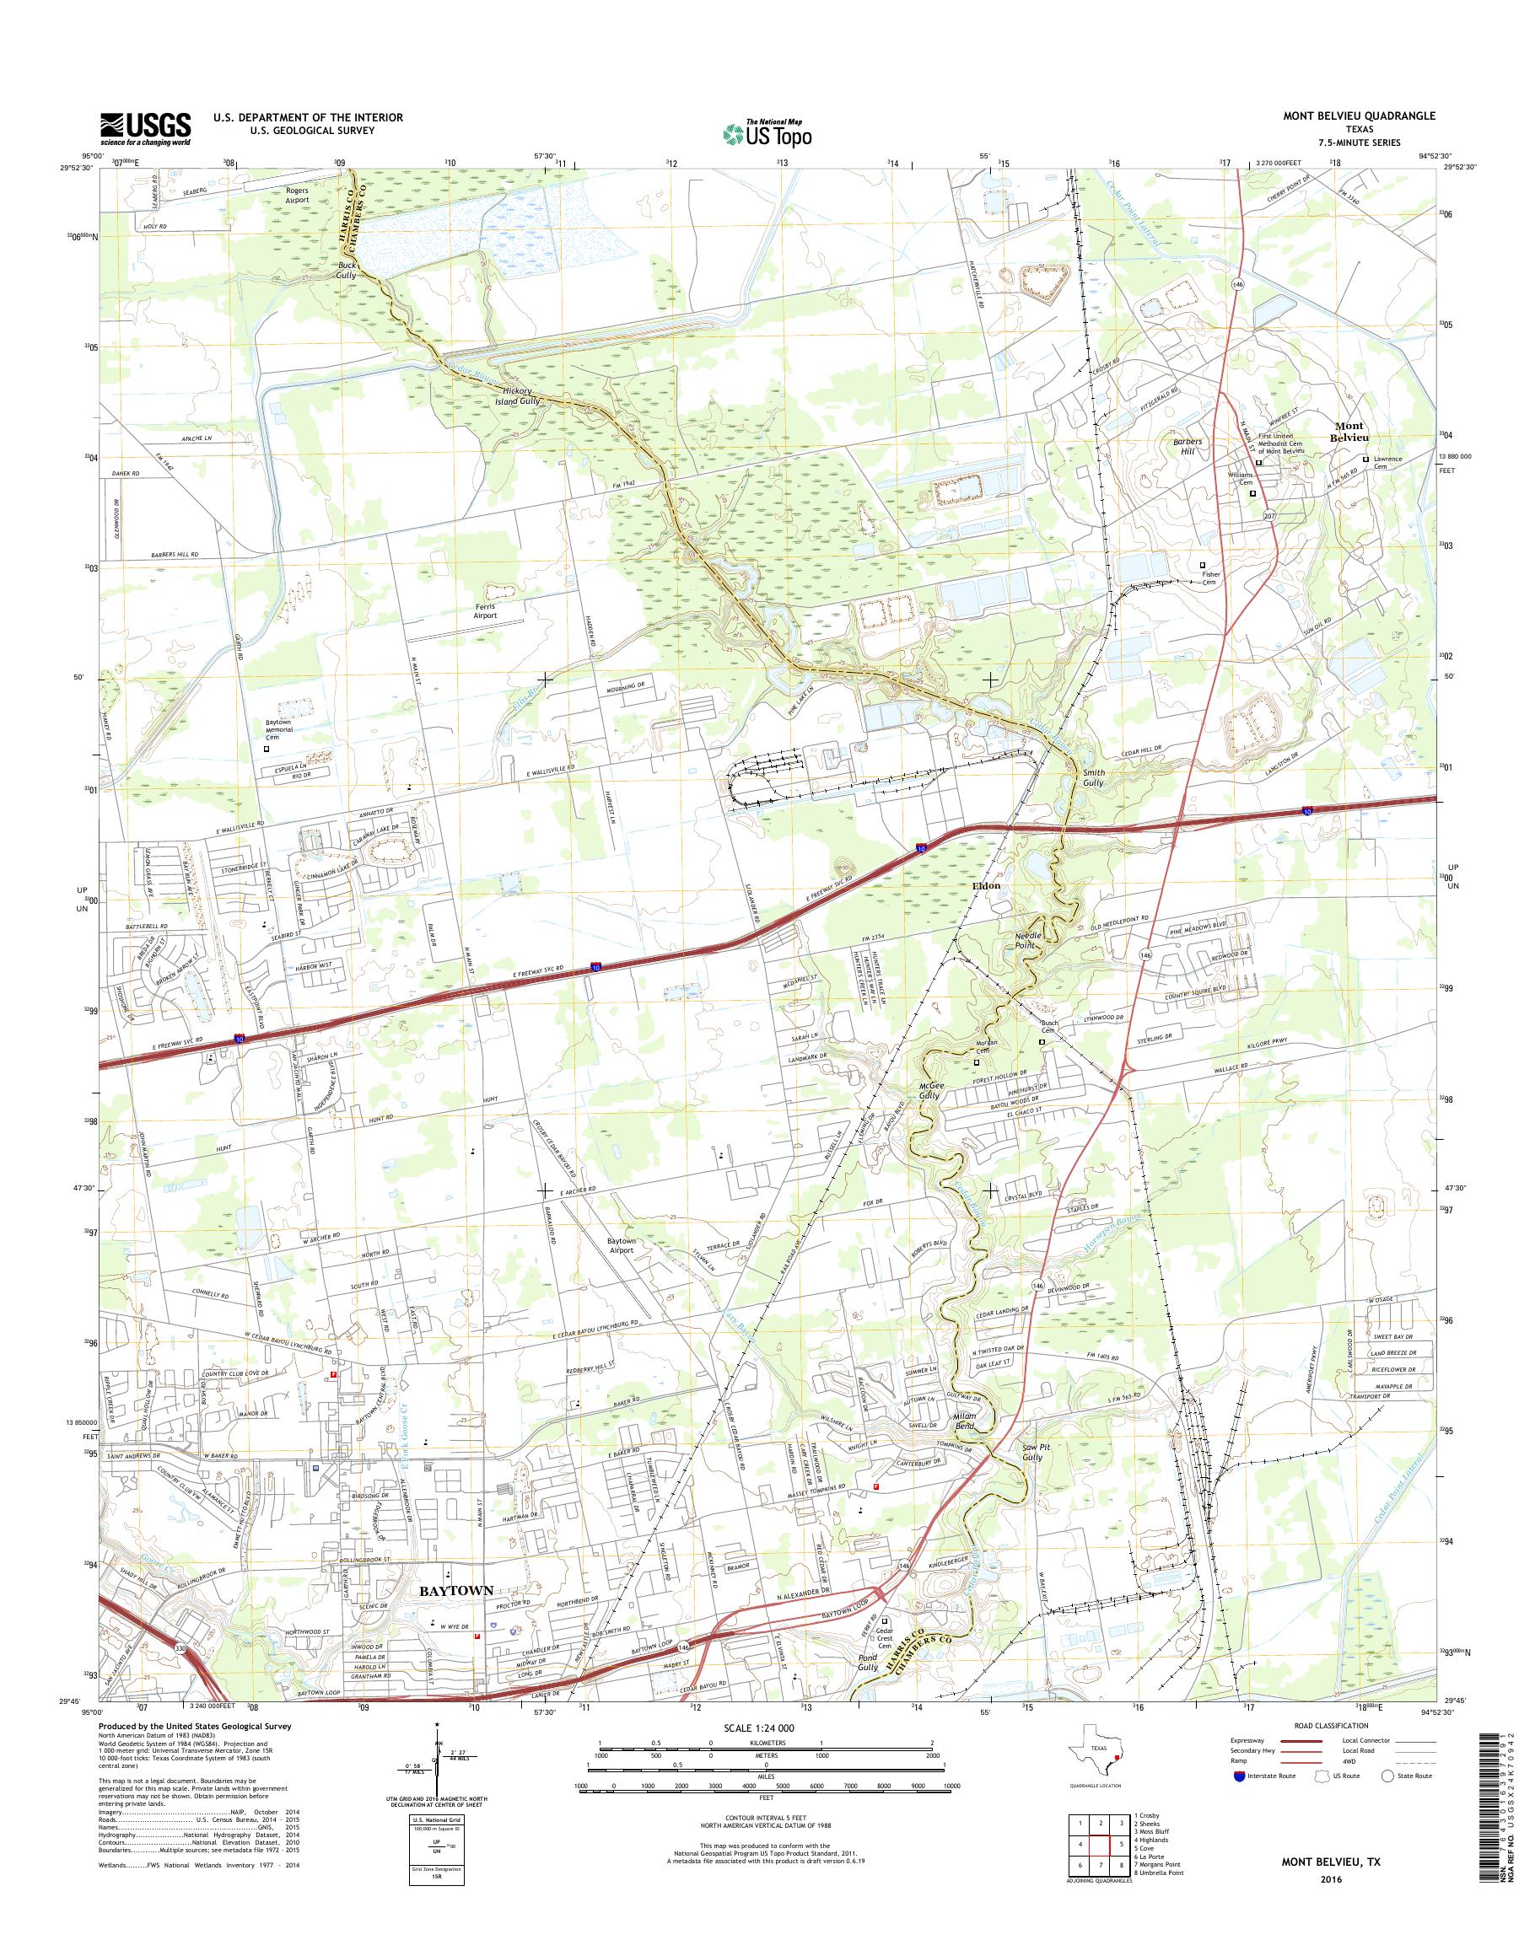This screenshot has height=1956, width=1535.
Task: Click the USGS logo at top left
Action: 145,128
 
